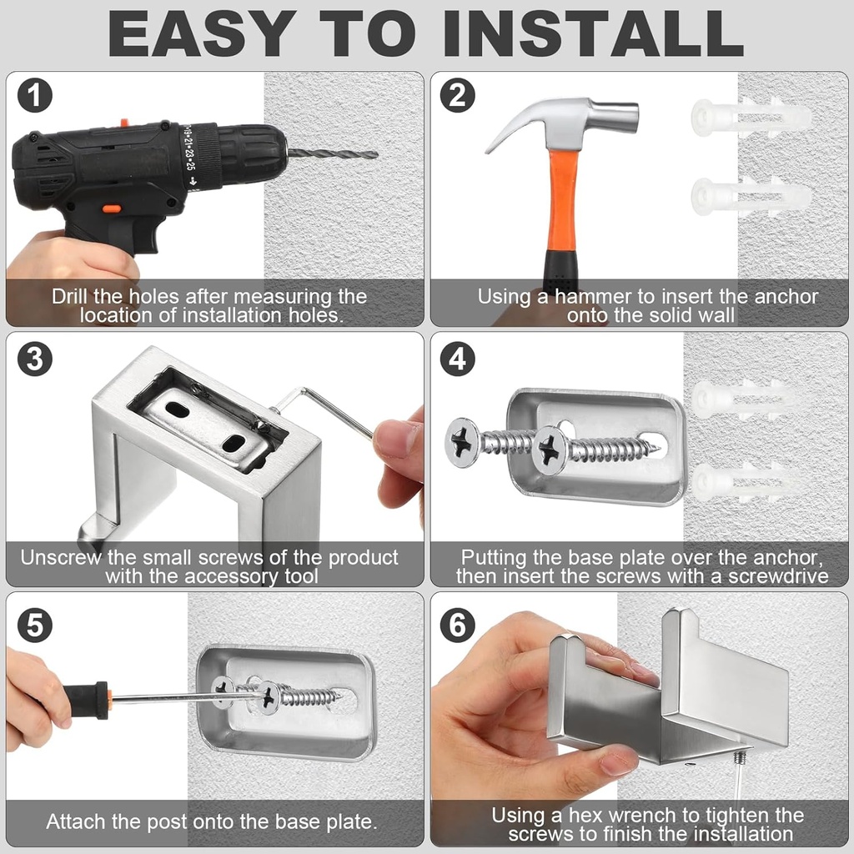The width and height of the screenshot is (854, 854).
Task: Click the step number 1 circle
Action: [35, 97]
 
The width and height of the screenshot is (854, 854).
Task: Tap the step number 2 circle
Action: [458, 97]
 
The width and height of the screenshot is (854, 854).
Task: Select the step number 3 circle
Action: [35, 359]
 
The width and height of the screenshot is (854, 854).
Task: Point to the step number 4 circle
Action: [458, 359]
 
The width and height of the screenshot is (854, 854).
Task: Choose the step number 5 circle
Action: [35, 625]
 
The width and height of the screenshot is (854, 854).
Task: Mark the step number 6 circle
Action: [458, 625]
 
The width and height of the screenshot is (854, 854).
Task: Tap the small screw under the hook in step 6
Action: [739, 758]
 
